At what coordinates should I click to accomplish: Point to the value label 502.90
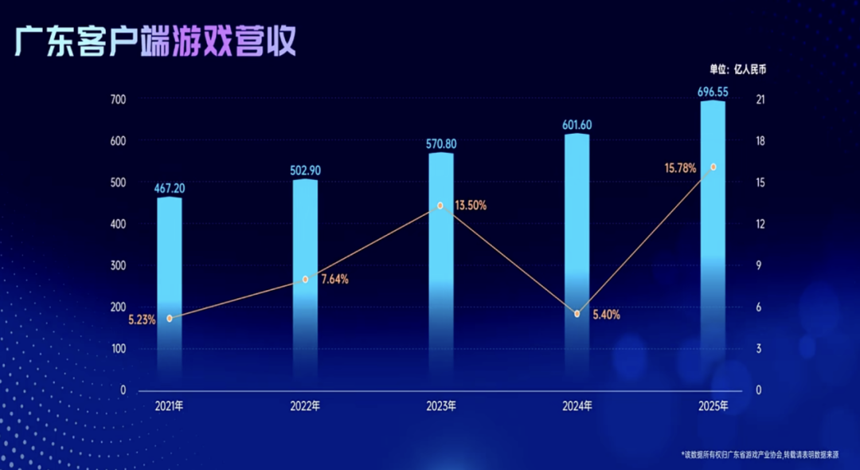(x=305, y=170)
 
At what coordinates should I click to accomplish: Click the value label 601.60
(x=577, y=124)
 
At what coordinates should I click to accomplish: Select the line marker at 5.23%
(x=169, y=318)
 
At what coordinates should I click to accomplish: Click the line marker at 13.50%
(x=440, y=206)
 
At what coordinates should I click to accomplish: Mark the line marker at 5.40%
(x=577, y=314)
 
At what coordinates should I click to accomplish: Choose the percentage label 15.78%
(x=680, y=168)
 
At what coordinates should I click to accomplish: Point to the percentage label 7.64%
(x=334, y=280)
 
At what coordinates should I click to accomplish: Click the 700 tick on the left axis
(x=117, y=100)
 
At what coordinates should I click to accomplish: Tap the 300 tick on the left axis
(x=117, y=266)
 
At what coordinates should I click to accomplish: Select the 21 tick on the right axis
(x=760, y=100)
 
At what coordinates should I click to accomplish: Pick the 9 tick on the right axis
(x=760, y=266)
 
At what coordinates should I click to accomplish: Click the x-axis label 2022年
(x=305, y=406)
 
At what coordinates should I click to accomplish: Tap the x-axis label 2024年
(x=577, y=406)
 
